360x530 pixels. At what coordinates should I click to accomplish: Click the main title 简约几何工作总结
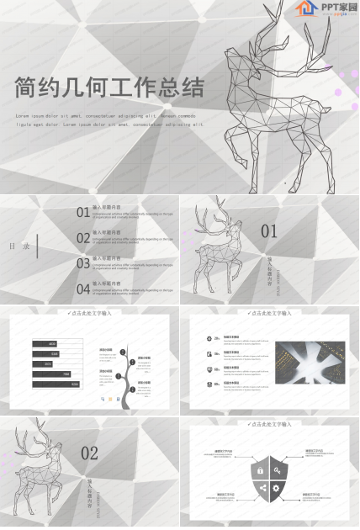pos(109,87)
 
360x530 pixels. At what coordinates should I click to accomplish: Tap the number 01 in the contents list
pos(83,213)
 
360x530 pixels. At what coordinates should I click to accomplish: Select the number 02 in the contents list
pos(83,238)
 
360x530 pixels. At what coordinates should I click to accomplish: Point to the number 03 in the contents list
pos(83,263)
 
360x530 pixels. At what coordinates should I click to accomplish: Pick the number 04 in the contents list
pos(83,289)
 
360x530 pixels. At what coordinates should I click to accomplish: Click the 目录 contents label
pos(21,246)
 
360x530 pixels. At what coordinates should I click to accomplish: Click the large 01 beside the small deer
pos(268,231)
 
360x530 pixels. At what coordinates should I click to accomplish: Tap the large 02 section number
pos(89,453)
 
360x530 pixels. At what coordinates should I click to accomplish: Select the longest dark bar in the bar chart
pos(56,384)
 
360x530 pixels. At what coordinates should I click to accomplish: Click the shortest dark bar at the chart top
pos(45,343)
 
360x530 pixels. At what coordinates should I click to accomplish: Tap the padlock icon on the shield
pos(261,469)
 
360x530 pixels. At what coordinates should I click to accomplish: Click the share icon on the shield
pos(261,488)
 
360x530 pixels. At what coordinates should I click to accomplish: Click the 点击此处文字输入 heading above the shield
pos(269,425)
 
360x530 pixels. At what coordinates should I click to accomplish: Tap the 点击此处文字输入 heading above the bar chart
pos(89,313)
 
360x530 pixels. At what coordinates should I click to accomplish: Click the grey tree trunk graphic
pos(124,383)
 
